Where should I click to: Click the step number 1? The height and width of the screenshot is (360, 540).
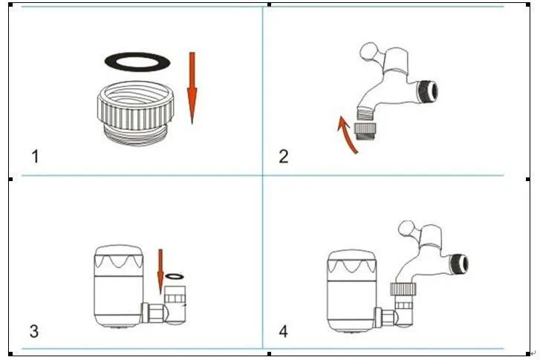pyautogui.click(x=35, y=157)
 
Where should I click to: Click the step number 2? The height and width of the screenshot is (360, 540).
pyautogui.click(x=284, y=157)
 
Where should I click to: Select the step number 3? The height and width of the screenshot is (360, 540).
pyautogui.click(x=34, y=332)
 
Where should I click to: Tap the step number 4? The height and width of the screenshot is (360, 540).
pyautogui.click(x=283, y=332)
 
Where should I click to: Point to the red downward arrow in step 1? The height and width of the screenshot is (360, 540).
pyautogui.click(x=192, y=88)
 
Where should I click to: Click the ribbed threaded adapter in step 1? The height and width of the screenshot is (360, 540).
pyautogui.click(x=135, y=114)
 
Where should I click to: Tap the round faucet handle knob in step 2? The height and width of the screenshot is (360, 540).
pyautogui.click(x=368, y=52)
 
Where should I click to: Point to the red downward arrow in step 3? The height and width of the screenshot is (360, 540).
pyautogui.click(x=160, y=272)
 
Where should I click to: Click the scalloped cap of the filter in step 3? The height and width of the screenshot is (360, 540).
pyautogui.click(x=118, y=257)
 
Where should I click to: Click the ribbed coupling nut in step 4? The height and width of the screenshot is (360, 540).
pyautogui.click(x=403, y=289)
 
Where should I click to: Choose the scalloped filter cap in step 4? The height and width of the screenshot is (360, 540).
pyautogui.click(x=351, y=261)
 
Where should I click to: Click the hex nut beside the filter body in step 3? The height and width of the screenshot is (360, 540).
pyautogui.click(x=156, y=313)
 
